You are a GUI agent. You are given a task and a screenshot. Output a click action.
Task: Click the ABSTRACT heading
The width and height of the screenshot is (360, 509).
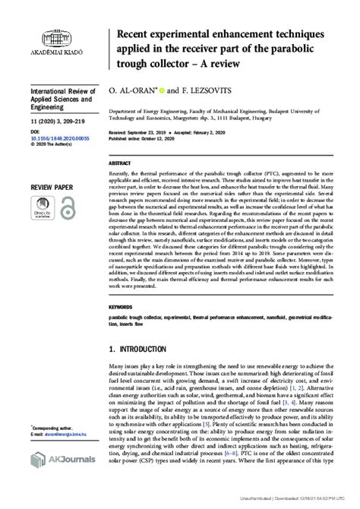(122, 163)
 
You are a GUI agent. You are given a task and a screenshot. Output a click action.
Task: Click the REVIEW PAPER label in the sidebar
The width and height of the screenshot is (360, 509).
(48, 186)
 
